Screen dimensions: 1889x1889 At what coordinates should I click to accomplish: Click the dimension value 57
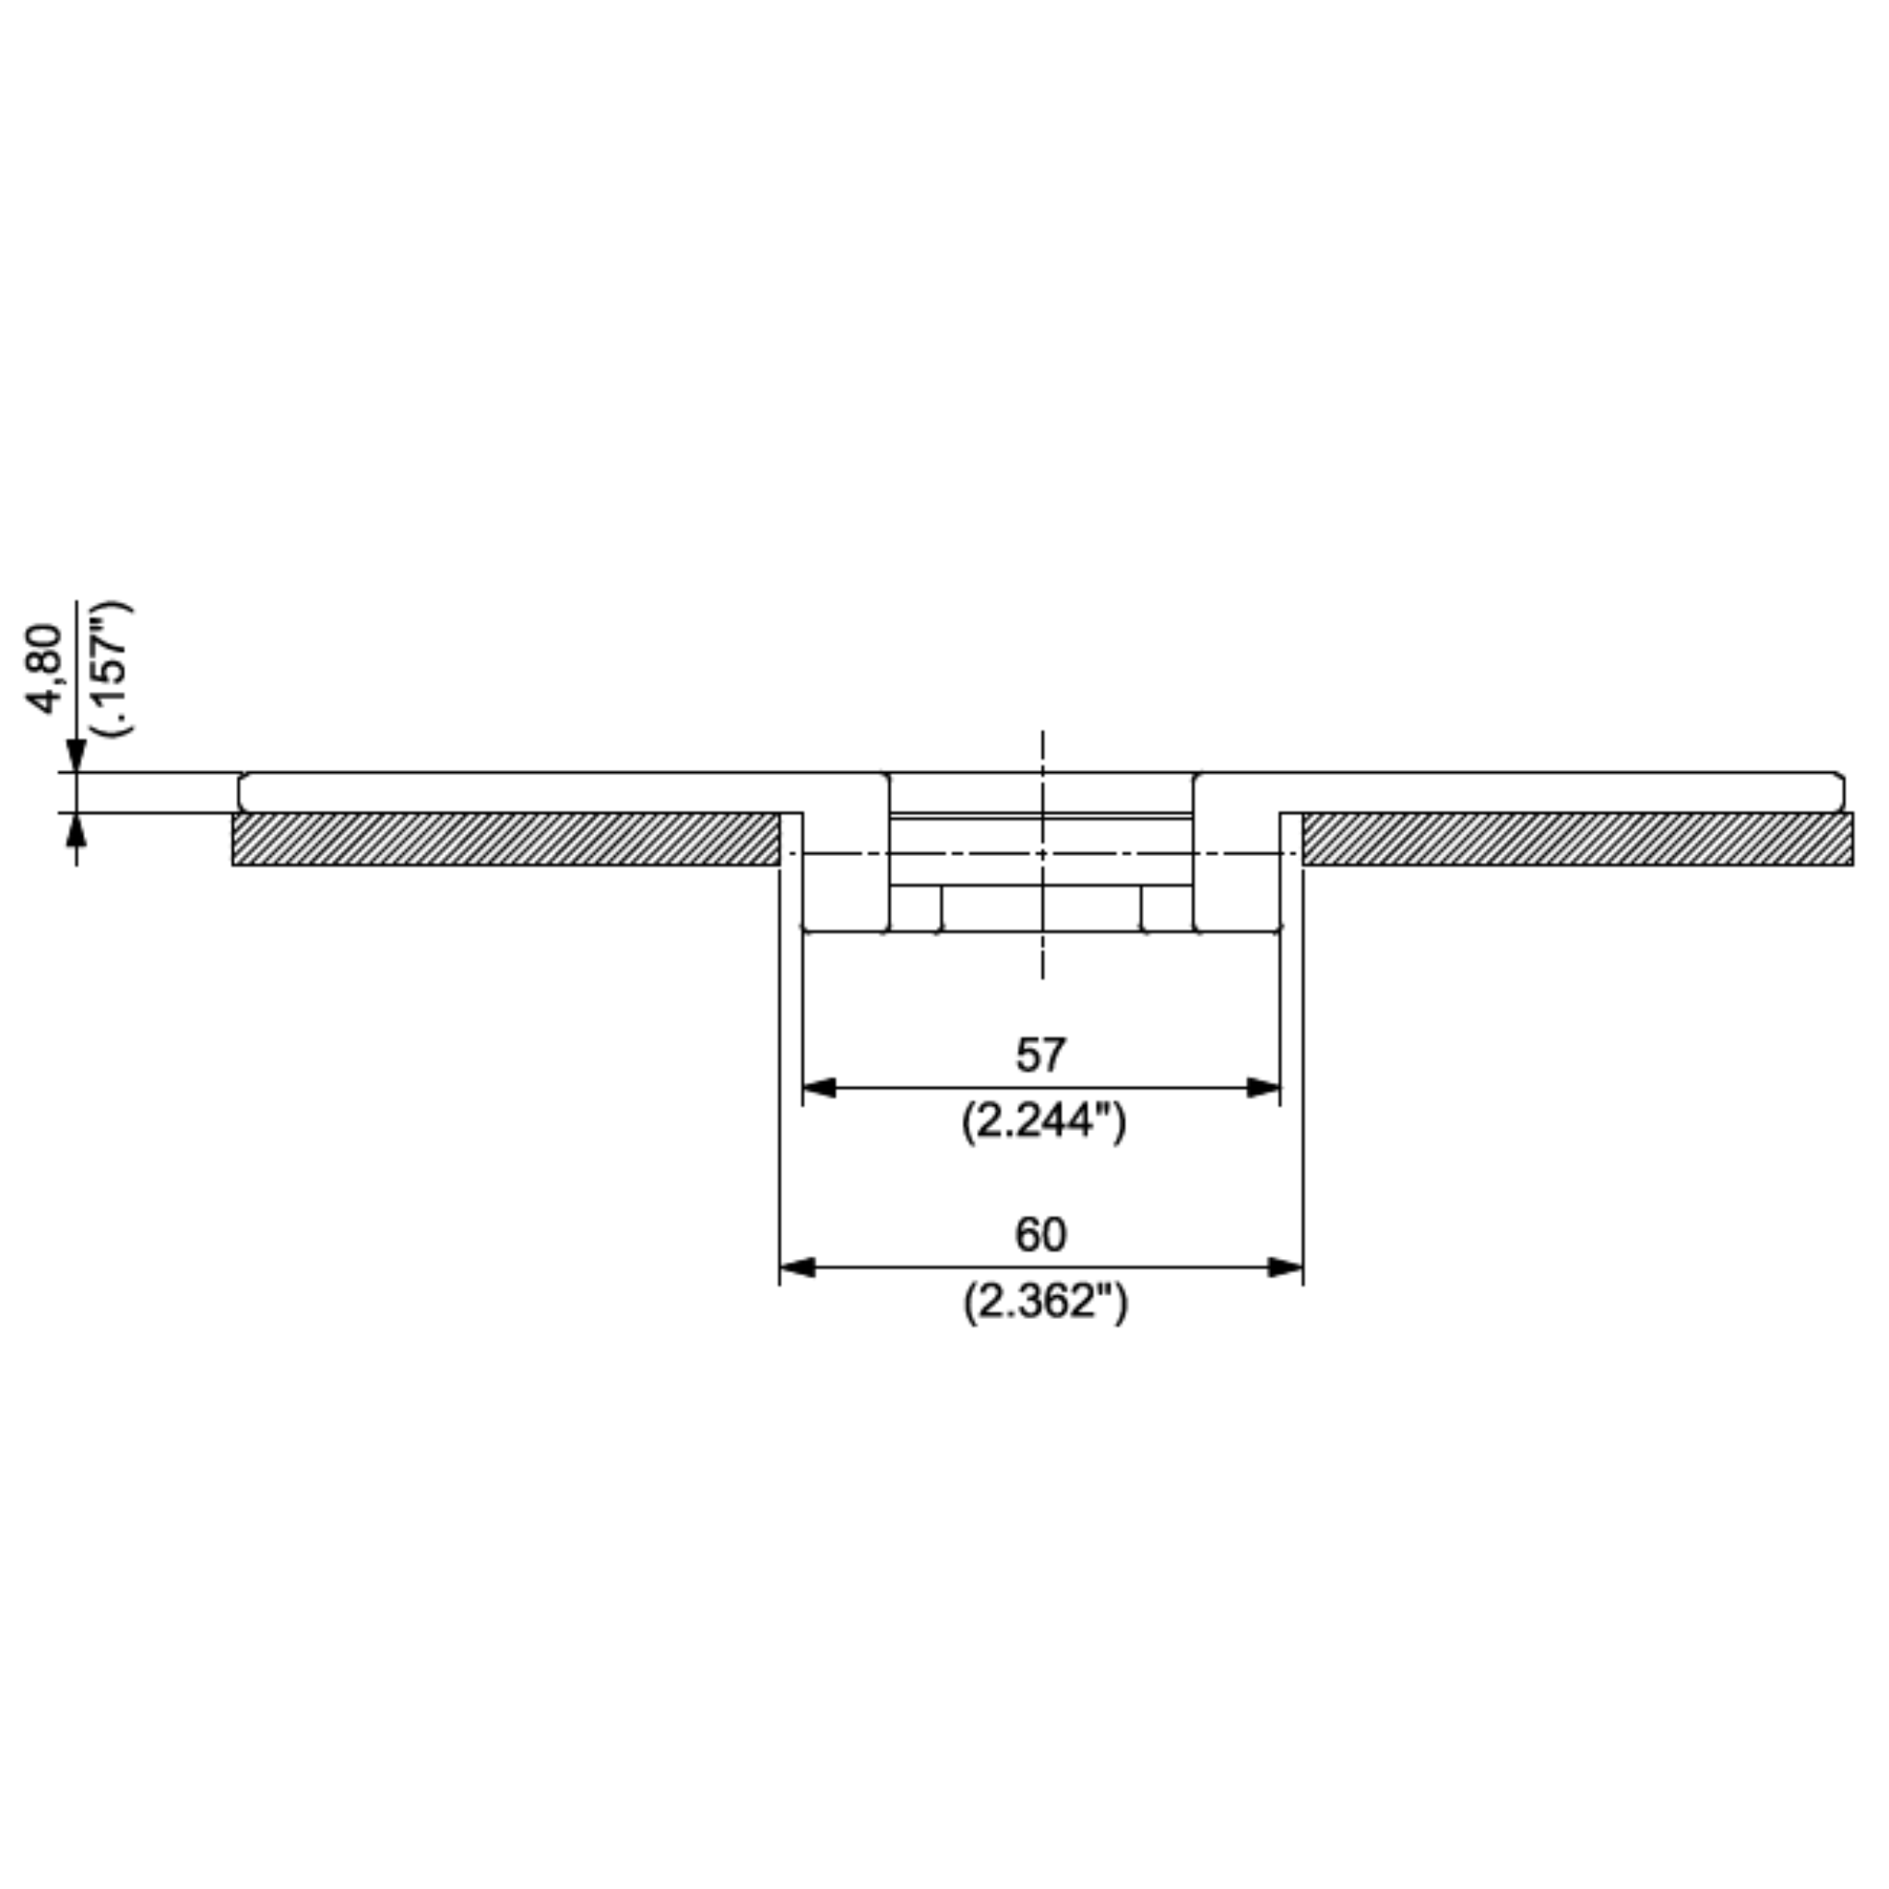1040,1055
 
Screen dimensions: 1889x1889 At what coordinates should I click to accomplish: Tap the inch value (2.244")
1043,1122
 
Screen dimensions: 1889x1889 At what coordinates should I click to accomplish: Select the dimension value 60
1040,1235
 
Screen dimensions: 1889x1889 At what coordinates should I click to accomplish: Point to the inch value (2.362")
1044,1301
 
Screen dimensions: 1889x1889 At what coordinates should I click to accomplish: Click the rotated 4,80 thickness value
45,670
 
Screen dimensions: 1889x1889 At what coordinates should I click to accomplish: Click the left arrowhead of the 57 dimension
818,1087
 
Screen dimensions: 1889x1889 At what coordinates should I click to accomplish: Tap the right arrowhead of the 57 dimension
1264,1087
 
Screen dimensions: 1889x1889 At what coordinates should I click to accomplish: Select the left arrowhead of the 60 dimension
797,1268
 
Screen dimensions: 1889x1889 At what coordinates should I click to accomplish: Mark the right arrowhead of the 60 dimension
1286,1268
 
